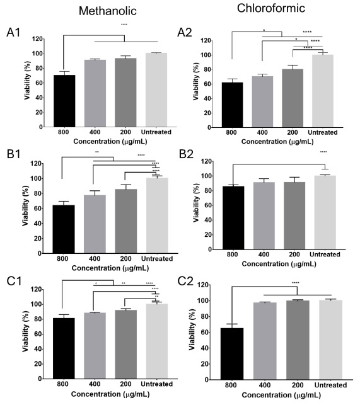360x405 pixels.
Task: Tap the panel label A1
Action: pos(15,33)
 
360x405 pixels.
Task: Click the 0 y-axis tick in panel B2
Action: pos(213,249)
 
